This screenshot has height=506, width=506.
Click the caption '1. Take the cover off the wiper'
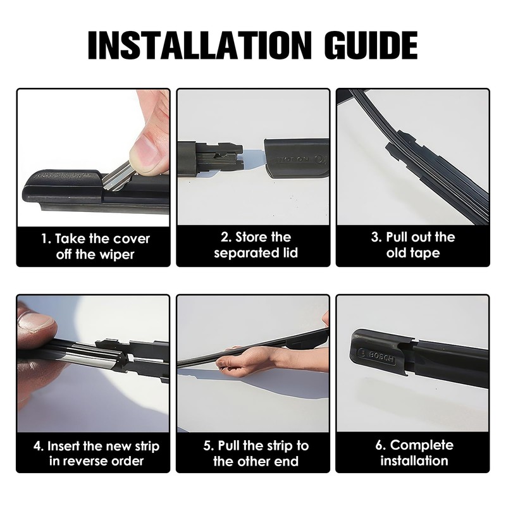click(x=96, y=247)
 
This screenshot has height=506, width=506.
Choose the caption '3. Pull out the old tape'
click(x=412, y=245)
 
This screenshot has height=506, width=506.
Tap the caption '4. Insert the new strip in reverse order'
click(x=96, y=453)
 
